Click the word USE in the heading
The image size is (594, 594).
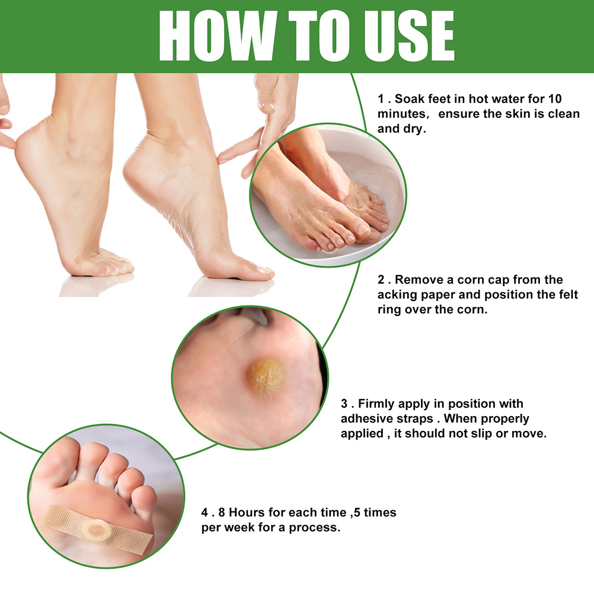click(x=409, y=36)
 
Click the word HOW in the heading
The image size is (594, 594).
click(x=216, y=36)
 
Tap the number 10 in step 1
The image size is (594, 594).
click(x=555, y=99)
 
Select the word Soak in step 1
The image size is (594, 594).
click(x=409, y=99)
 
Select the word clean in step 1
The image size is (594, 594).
click(x=564, y=114)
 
